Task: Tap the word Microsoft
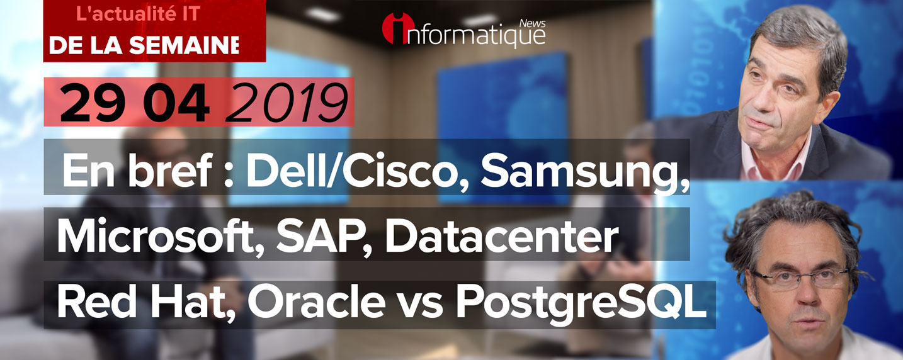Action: pos(156,237)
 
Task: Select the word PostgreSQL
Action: pos(581,305)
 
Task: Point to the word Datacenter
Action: pos(502,237)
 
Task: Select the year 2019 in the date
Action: pos(287,103)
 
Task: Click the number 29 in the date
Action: pos(91,103)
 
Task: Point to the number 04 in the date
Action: pos(177,103)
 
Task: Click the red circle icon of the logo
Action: pos(397,28)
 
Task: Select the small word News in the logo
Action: pos(532,23)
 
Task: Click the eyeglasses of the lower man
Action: pos(800,278)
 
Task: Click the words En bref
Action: pos(137,171)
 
